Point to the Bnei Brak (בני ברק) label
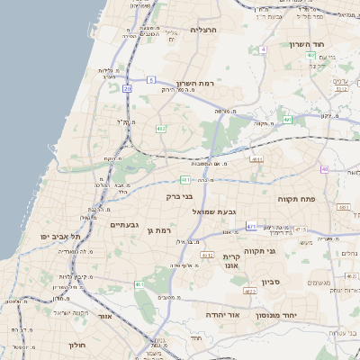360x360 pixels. point(180,195)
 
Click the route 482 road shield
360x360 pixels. point(161,130)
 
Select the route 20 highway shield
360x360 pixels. point(129,88)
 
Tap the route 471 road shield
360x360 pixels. point(250,226)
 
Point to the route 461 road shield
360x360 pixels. point(139,284)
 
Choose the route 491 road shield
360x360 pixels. point(287,119)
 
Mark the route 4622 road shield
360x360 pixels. point(249,291)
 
